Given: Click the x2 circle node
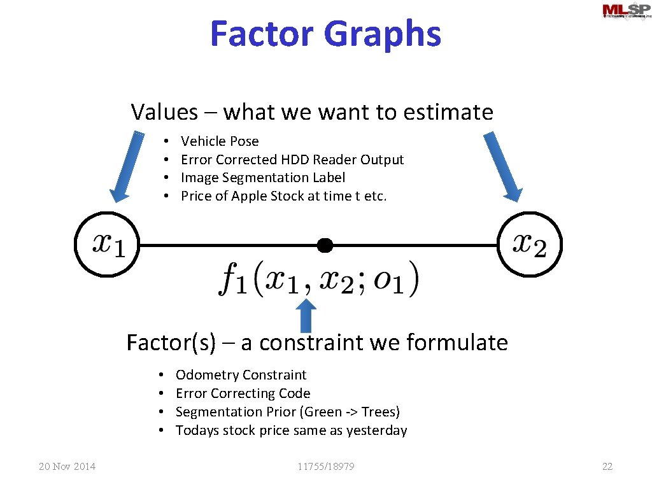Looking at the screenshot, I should click(530, 244).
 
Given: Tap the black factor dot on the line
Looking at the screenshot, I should click(325, 244).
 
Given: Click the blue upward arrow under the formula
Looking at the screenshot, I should click(307, 315).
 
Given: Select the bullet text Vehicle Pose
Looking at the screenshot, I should click(220, 141).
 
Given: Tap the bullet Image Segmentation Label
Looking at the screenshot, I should click(263, 178).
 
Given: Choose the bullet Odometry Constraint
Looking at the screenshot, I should click(241, 375).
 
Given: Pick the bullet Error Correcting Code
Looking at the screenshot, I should click(243, 393).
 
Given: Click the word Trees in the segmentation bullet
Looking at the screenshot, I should click(379, 412).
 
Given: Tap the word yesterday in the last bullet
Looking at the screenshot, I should click(376, 430).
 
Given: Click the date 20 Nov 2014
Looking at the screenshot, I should click(67, 467).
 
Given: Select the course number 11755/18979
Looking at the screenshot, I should click(326, 467).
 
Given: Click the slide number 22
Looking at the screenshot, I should click(607, 467).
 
